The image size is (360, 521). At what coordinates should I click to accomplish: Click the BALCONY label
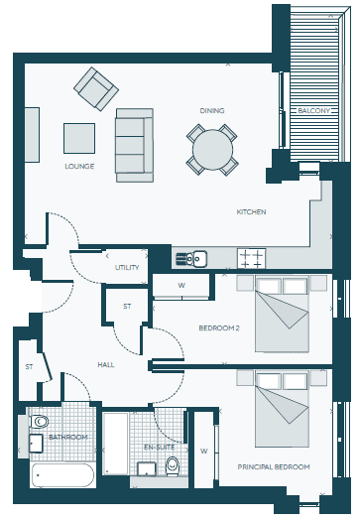(313, 110)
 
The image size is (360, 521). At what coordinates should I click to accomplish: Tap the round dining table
(212, 150)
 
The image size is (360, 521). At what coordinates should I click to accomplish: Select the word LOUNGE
(79, 166)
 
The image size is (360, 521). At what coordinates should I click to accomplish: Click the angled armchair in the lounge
(96, 88)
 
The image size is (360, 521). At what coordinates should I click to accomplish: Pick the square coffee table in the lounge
(79, 138)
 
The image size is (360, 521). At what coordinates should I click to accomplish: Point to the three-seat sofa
(134, 145)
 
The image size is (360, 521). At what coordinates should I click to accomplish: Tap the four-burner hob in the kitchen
(251, 258)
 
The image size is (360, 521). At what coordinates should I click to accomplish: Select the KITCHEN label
(251, 211)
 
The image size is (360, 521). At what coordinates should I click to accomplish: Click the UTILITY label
(127, 268)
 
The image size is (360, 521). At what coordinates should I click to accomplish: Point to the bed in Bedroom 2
(282, 314)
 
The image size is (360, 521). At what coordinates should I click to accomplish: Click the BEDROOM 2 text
(219, 328)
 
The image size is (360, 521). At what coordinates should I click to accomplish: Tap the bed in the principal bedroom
(282, 409)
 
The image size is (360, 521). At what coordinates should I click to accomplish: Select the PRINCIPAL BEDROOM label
(274, 467)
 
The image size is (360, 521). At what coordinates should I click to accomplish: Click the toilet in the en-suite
(172, 466)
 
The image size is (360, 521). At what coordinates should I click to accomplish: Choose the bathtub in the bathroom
(62, 475)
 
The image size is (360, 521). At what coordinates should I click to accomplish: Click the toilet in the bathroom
(40, 422)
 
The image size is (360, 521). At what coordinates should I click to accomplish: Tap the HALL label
(106, 365)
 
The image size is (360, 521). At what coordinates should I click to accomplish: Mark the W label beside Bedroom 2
(181, 286)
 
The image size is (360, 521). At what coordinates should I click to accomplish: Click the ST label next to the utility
(127, 307)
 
